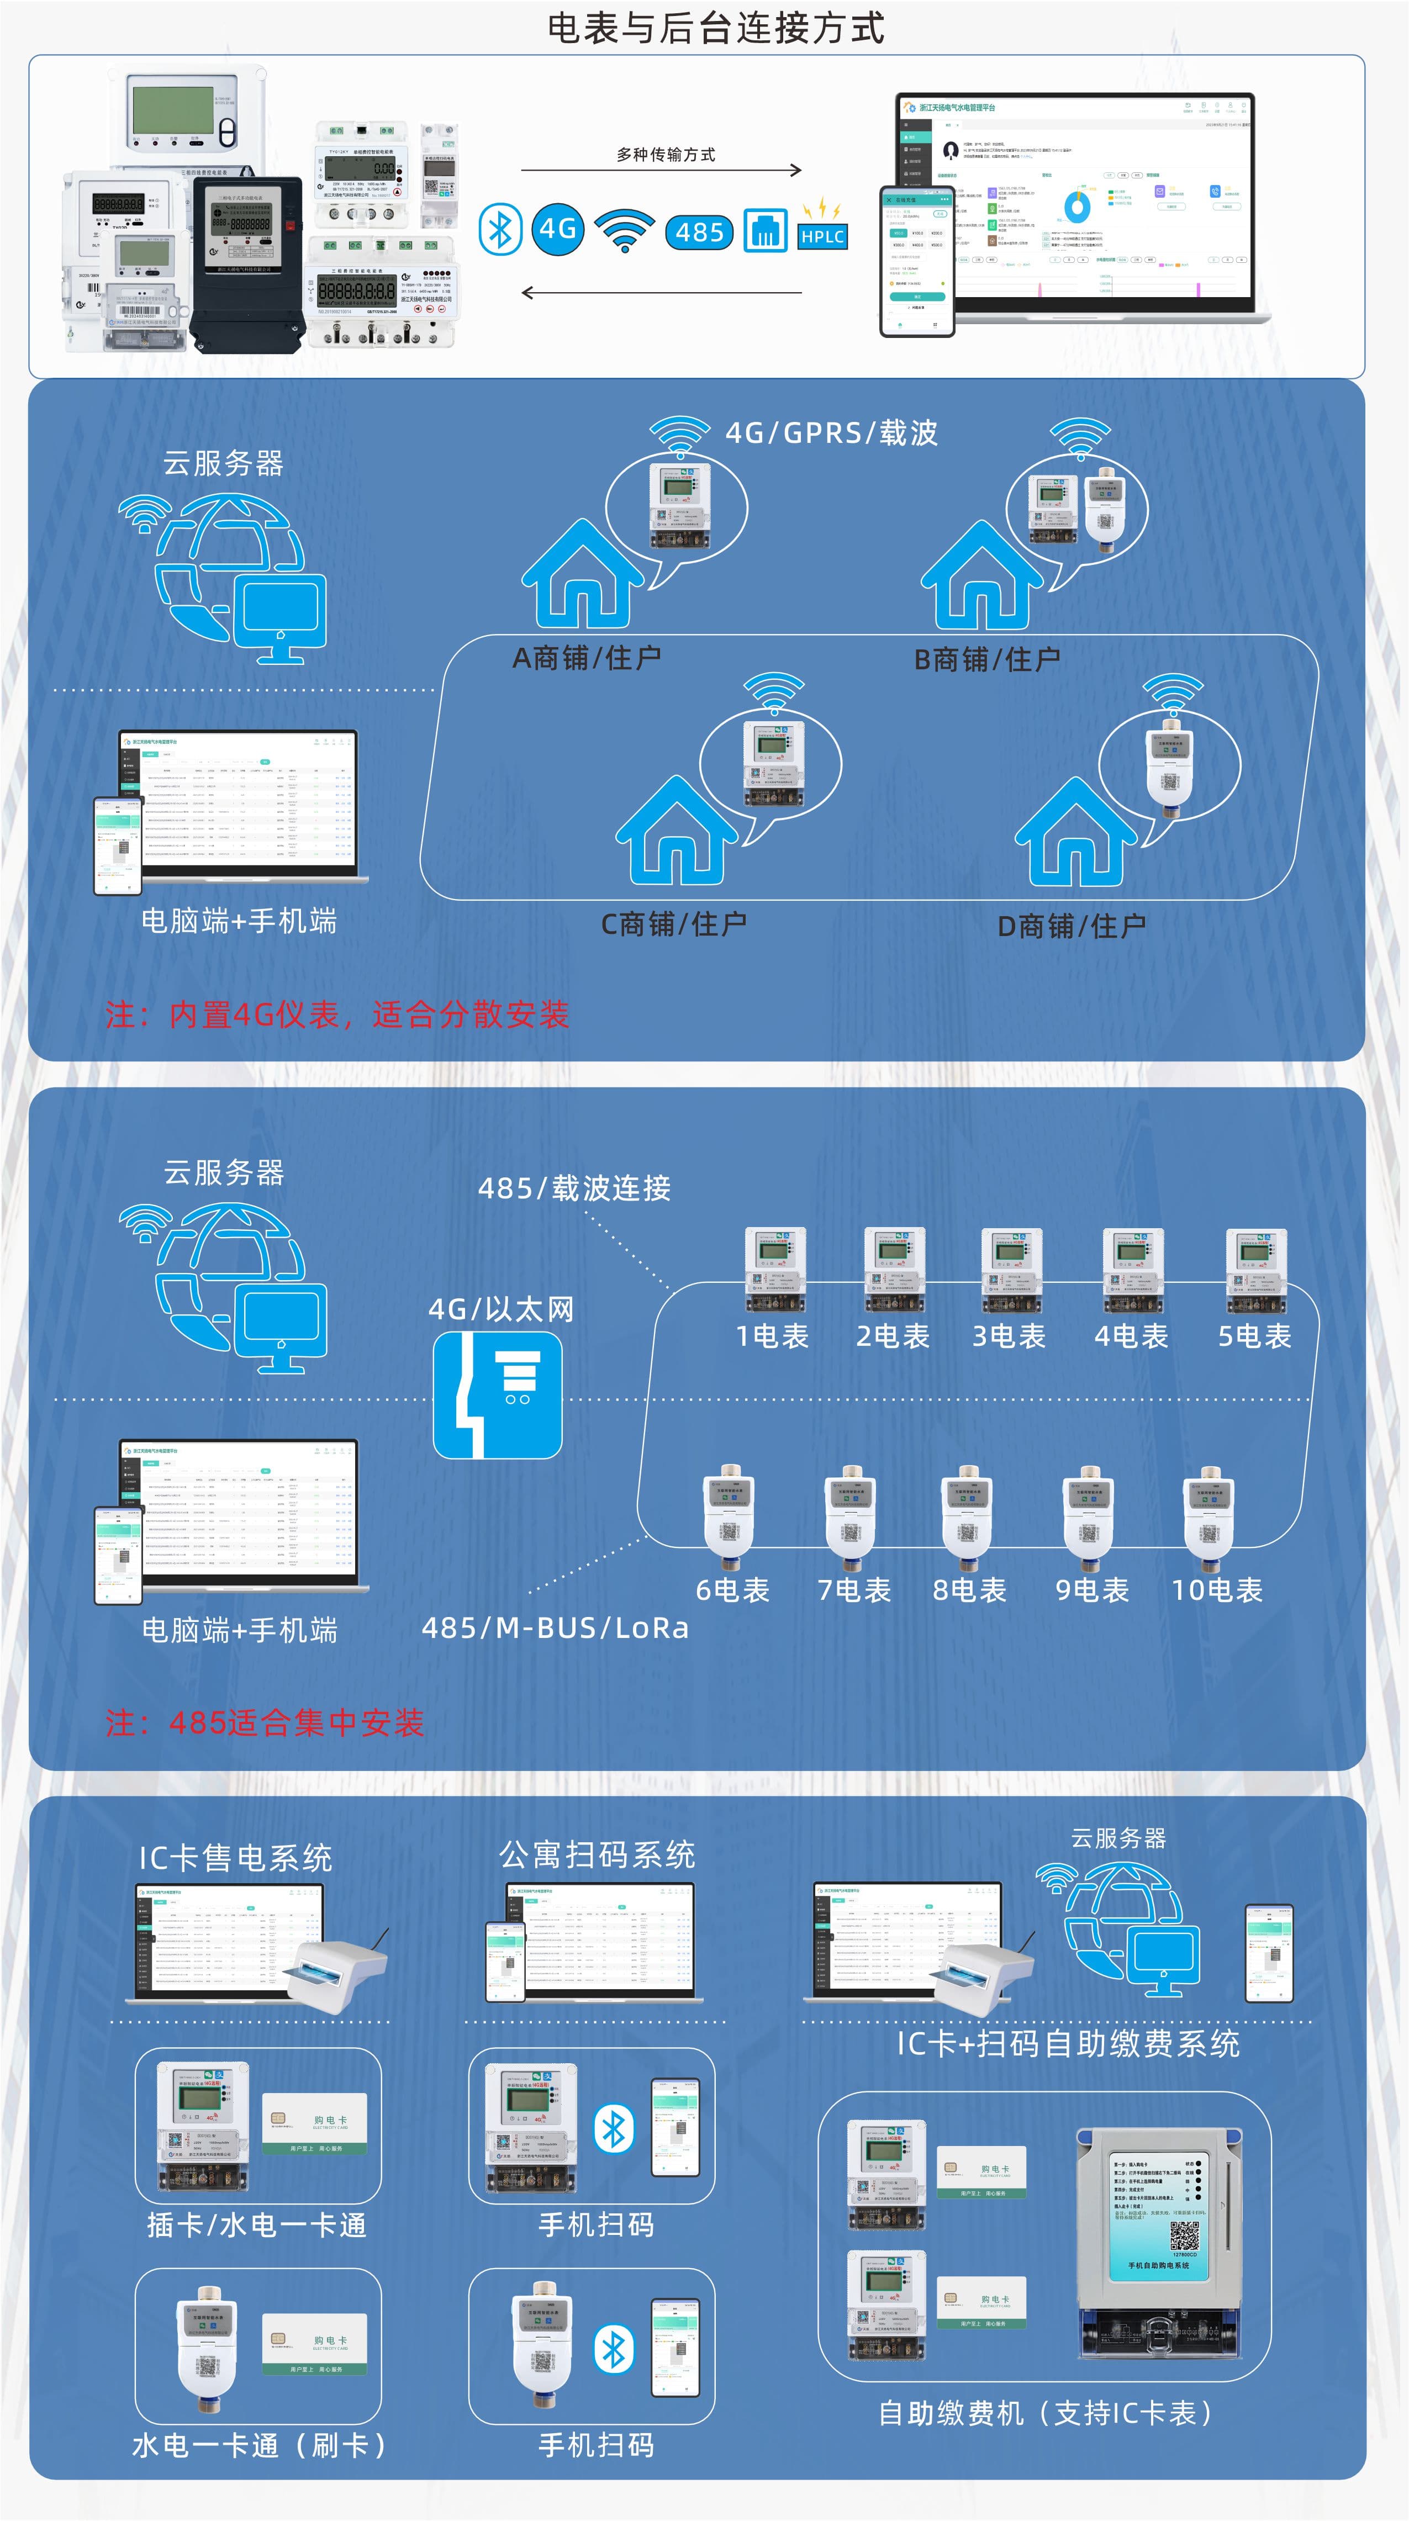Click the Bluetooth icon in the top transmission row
click(500, 230)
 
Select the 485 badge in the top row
click(700, 232)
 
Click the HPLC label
click(822, 236)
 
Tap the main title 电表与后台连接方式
click(715, 28)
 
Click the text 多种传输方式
click(666, 155)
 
